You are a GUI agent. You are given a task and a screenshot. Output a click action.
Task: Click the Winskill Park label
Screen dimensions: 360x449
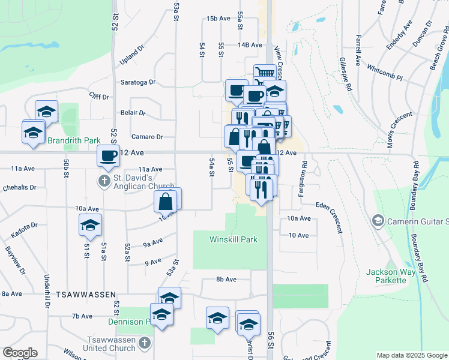click(x=234, y=239)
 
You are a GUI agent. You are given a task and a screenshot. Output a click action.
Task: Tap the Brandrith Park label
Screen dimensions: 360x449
click(x=75, y=140)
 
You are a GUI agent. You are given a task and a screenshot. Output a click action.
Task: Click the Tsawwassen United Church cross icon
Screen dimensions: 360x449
click(x=143, y=343)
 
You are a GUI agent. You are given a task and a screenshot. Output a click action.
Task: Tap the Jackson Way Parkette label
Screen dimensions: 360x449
click(x=391, y=276)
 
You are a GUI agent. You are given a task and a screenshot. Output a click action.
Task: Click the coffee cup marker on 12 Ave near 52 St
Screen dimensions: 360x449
click(x=109, y=155)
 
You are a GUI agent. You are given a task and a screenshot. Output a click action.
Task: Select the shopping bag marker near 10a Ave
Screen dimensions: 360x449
click(x=167, y=202)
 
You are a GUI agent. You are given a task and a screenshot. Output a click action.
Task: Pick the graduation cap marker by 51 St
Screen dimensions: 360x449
click(x=90, y=225)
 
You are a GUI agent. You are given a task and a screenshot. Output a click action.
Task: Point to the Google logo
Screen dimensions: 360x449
click(x=20, y=353)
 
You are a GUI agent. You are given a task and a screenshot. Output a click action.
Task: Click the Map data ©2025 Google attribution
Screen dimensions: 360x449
click(x=412, y=355)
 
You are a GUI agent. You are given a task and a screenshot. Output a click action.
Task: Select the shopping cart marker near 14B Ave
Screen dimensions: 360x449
click(x=264, y=74)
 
